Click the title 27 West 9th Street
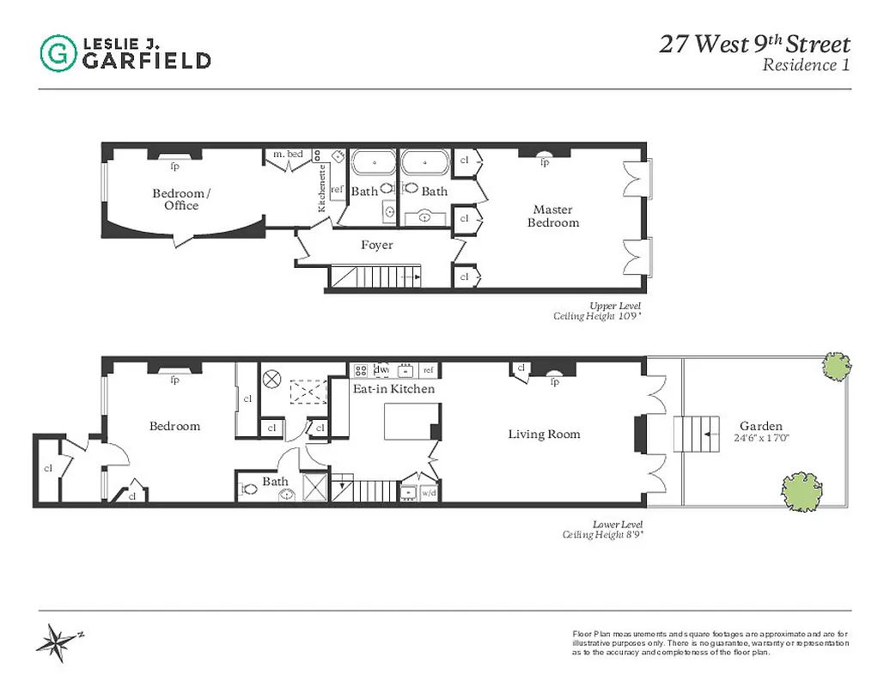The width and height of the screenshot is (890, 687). click(754, 45)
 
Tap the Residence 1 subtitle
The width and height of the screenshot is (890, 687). click(806, 65)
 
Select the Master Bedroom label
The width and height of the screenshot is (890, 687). click(553, 216)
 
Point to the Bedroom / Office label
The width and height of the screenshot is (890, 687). click(180, 199)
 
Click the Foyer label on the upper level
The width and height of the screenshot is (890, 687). click(376, 246)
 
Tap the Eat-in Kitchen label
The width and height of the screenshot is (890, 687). click(393, 389)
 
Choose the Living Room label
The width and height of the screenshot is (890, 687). click(544, 435)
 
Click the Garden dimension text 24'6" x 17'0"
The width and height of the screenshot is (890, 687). click(761, 438)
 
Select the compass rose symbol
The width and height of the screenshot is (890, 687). click(59, 641)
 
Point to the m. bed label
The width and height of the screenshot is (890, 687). click(288, 155)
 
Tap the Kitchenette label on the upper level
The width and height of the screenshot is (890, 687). click(322, 188)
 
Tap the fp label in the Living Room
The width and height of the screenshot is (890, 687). click(554, 382)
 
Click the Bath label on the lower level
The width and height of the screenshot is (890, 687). click(275, 482)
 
